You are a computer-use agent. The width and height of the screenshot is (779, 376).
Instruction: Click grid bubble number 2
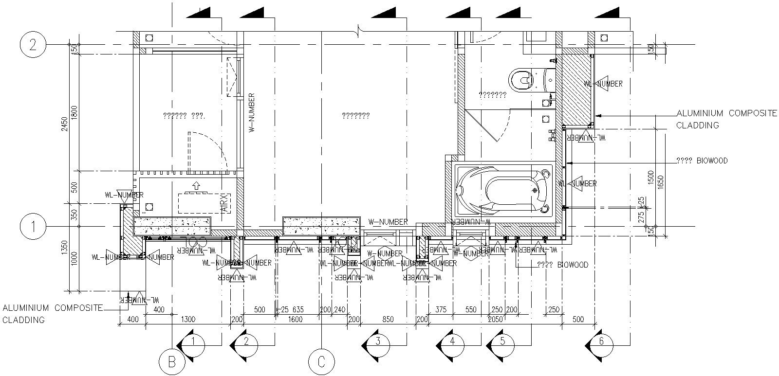tap(33, 45)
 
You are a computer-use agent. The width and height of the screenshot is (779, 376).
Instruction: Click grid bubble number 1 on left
tap(33, 227)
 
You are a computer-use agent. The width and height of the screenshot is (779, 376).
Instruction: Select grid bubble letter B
tap(172, 362)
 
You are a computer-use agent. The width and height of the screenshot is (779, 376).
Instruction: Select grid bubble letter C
tap(321, 362)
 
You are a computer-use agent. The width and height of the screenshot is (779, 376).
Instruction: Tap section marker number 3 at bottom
tap(378, 341)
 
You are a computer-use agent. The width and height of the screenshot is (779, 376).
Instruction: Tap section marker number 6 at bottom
tap(601, 341)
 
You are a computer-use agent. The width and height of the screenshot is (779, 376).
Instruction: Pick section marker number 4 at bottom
tap(452, 341)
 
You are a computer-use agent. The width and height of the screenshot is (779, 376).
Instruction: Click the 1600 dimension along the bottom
tap(295, 320)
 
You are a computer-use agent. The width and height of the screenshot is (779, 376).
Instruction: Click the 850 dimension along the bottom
tap(388, 320)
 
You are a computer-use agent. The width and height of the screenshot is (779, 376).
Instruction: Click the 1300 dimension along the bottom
tap(188, 320)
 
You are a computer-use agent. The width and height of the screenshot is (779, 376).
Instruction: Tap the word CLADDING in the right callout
tap(697, 125)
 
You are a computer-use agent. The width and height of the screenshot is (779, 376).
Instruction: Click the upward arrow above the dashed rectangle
tap(196, 185)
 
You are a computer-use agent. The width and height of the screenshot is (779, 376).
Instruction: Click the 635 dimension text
tap(298, 309)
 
